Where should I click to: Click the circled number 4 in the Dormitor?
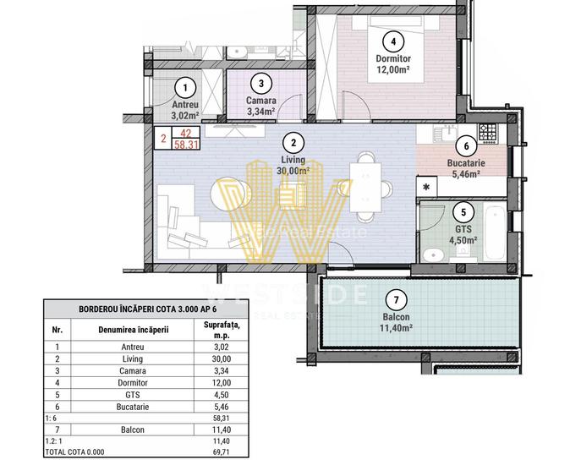(391, 41)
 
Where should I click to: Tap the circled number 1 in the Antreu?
(184, 86)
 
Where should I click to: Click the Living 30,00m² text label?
(293, 164)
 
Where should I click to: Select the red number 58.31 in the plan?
(187, 145)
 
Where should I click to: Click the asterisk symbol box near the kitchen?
(427, 186)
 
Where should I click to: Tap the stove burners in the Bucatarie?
(488, 132)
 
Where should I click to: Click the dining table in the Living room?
(366, 183)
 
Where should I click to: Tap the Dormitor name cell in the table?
(133, 382)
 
